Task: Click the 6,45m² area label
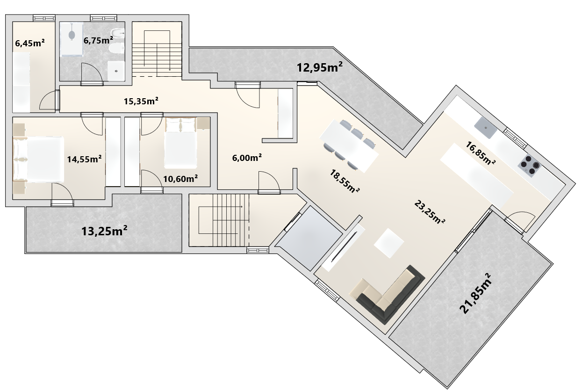tap(29, 43)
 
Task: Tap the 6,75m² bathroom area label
tap(98, 40)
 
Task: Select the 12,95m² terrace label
tap(320, 67)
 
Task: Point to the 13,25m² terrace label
tap(104, 231)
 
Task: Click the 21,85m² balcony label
tap(475, 293)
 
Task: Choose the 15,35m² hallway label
tap(141, 101)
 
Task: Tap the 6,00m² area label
tap(247, 158)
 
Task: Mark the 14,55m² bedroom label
tap(85, 159)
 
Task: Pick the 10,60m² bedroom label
tap(180, 179)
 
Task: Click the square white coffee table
tap(389, 243)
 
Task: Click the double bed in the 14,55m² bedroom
tap(38, 160)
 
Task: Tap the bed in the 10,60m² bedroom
tap(180, 143)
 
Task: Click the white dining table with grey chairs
tap(349, 146)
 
